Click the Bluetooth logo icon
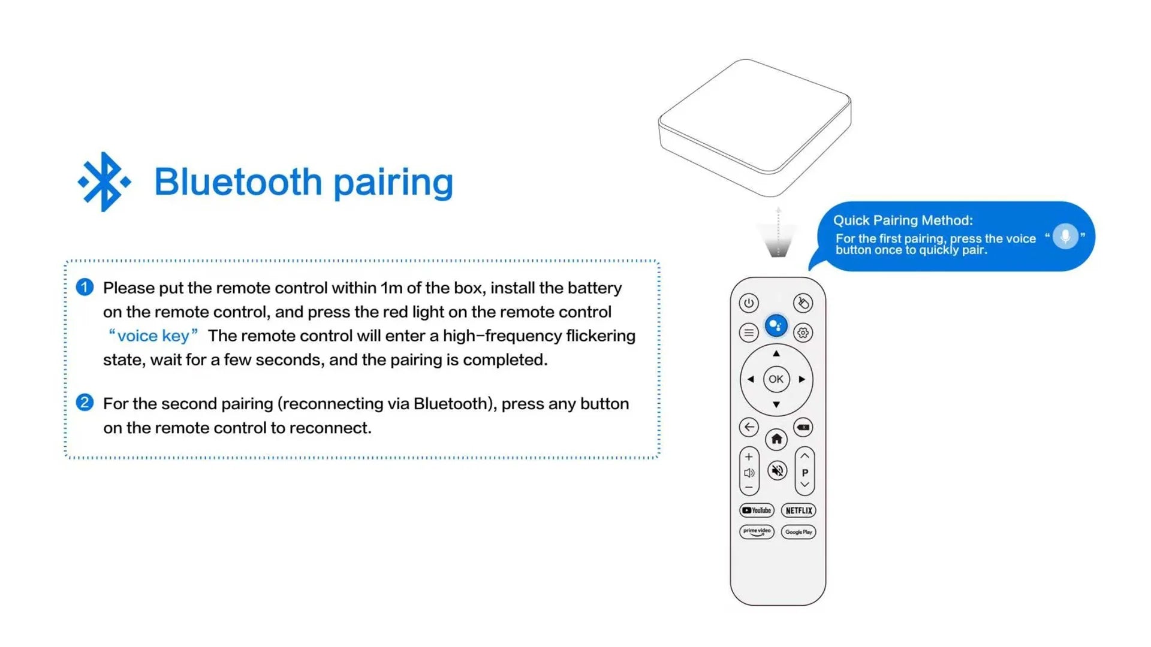tap(104, 182)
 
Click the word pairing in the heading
tap(393, 183)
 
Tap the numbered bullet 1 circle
tap(85, 287)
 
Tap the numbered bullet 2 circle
tap(85, 402)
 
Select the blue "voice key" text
tap(153, 335)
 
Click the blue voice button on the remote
tap(776, 325)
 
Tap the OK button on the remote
tap(776, 379)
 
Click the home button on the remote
tap(776, 439)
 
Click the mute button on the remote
tap(777, 470)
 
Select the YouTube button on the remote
tap(757, 510)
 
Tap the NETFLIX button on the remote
tap(799, 510)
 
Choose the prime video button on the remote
tap(757, 531)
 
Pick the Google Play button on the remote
tap(799, 531)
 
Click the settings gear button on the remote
tap(803, 332)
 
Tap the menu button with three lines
tap(749, 332)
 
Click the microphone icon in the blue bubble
tap(1065, 236)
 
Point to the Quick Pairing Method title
tap(903, 220)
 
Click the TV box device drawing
tap(755, 128)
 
